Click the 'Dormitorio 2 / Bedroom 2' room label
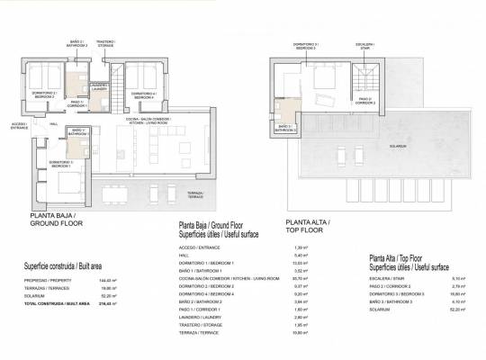pos(44,94)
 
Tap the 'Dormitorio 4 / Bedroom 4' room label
pos(141,94)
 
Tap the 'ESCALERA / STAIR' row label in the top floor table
pos(383,277)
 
